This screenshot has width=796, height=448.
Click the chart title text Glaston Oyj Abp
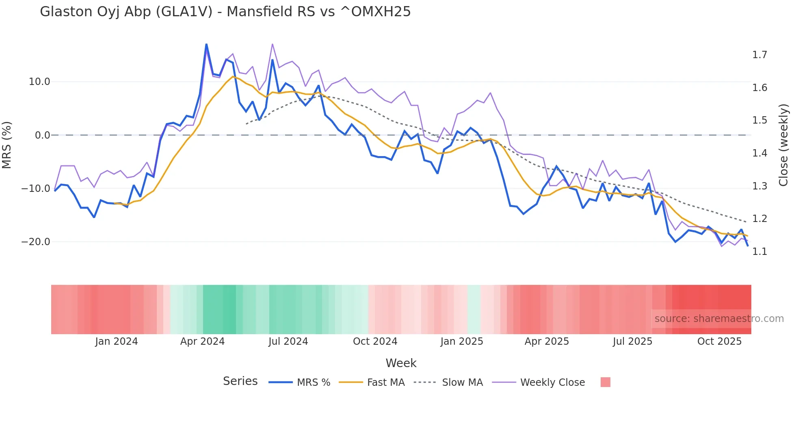(225, 12)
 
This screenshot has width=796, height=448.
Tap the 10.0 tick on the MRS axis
(39, 82)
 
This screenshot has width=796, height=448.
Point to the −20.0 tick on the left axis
(36, 242)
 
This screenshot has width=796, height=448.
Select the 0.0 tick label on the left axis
(42, 135)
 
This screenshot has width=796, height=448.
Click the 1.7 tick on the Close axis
(759, 55)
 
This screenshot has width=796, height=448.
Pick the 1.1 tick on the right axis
(759, 252)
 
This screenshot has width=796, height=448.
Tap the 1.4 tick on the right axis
(759, 153)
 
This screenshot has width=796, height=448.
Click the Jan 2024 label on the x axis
(117, 341)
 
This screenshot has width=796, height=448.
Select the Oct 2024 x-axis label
(375, 341)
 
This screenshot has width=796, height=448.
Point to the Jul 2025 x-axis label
(632, 341)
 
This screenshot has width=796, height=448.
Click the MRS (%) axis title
(7, 145)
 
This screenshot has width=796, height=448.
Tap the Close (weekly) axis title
(783, 145)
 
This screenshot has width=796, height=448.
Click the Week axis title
(401, 363)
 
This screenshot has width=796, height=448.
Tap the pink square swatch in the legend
(605, 382)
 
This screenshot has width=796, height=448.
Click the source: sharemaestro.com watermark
(719, 319)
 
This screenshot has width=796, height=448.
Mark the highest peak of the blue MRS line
(206, 44)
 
